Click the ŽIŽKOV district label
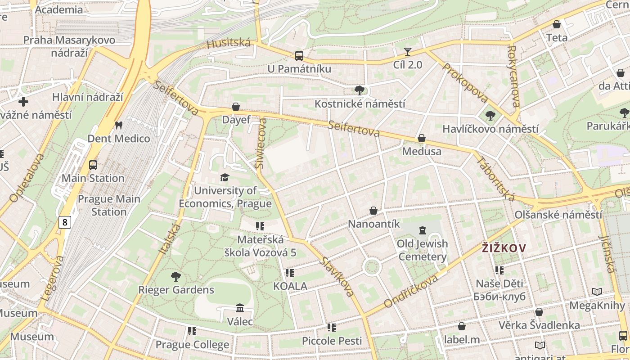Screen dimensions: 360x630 (x=504, y=248)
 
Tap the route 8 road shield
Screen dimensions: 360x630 (x=65, y=222)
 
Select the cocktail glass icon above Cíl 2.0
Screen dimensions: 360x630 (x=408, y=52)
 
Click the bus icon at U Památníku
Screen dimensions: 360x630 (x=299, y=56)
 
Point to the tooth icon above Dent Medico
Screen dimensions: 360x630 (x=119, y=125)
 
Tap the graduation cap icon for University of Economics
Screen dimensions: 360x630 (x=225, y=177)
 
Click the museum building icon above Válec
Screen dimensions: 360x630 (x=240, y=308)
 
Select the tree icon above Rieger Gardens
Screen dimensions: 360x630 (x=176, y=276)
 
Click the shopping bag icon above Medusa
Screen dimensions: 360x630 (x=422, y=138)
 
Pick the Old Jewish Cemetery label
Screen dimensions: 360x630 (x=422, y=250)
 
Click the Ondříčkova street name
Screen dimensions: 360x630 (x=411, y=291)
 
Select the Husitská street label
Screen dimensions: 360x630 (x=229, y=43)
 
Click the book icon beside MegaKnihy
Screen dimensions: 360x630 (x=597, y=292)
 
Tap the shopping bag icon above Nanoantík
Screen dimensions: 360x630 (x=373, y=210)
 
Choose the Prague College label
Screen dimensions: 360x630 (x=192, y=345)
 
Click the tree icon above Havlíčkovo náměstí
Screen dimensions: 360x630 (x=490, y=116)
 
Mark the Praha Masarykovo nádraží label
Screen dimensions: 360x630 (x=69, y=46)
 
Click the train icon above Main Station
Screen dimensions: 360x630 (x=93, y=165)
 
